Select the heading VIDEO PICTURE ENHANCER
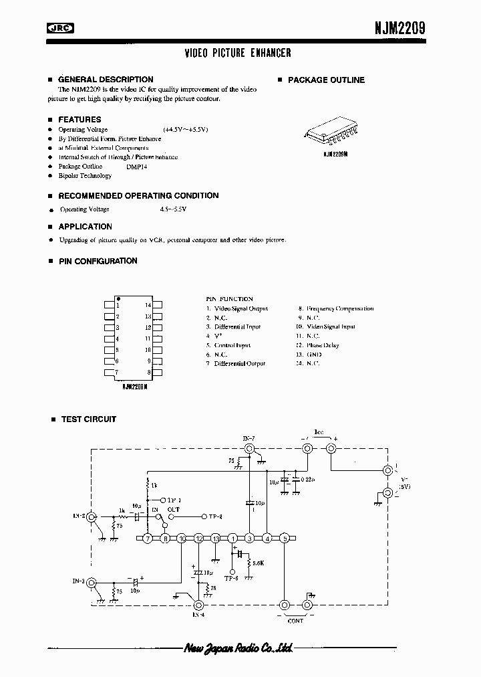tap(238, 53)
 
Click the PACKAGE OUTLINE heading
tap(326, 80)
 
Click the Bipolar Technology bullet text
tap(84, 175)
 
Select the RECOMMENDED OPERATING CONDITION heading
tap(138, 196)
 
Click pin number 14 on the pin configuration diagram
tap(148, 305)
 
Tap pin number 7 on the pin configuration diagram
tap(118, 371)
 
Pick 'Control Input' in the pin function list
tap(232, 345)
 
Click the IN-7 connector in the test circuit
tap(249, 450)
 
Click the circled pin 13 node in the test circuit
tap(215, 538)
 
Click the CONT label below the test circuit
tap(295, 621)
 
